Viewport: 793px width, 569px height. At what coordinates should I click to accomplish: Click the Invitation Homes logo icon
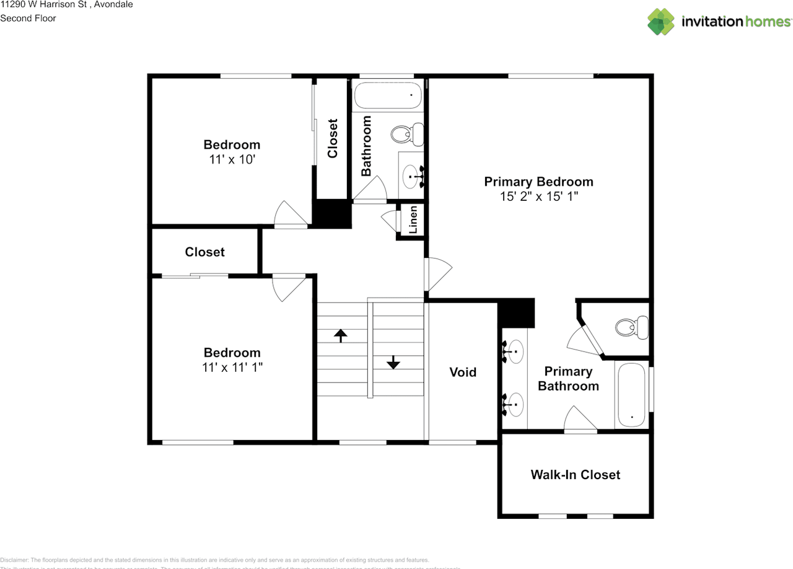click(x=661, y=21)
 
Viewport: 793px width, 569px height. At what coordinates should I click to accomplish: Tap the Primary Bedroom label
click(x=538, y=182)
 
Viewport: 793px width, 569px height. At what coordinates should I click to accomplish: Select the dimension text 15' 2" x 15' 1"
click(x=538, y=196)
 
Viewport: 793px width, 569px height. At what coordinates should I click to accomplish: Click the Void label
click(x=463, y=372)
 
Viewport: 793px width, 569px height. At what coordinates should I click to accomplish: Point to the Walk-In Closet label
click(x=575, y=475)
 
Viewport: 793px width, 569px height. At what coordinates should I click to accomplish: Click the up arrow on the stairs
click(x=340, y=335)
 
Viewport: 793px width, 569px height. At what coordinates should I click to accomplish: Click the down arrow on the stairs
click(x=393, y=361)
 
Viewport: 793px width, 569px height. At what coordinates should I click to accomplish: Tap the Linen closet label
click(x=413, y=219)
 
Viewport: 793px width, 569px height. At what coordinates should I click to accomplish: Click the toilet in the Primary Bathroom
click(x=633, y=326)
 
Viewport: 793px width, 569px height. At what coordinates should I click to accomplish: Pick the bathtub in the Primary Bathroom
click(x=631, y=395)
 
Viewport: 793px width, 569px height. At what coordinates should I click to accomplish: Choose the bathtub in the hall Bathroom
click(x=387, y=95)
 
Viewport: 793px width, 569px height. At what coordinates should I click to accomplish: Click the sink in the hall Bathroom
click(x=411, y=177)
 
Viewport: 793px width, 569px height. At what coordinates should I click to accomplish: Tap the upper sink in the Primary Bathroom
click(x=515, y=352)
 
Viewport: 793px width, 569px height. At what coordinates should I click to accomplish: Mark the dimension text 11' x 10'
click(x=232, y=159)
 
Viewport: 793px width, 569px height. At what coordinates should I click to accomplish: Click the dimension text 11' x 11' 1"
click(x=232, y=367)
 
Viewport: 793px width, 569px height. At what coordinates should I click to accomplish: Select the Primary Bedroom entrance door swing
click(x=438, y=273)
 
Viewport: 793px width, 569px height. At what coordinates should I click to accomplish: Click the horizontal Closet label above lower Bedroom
click(x=204, y=252)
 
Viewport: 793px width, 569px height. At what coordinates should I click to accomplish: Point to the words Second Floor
click(x=28, y=18)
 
